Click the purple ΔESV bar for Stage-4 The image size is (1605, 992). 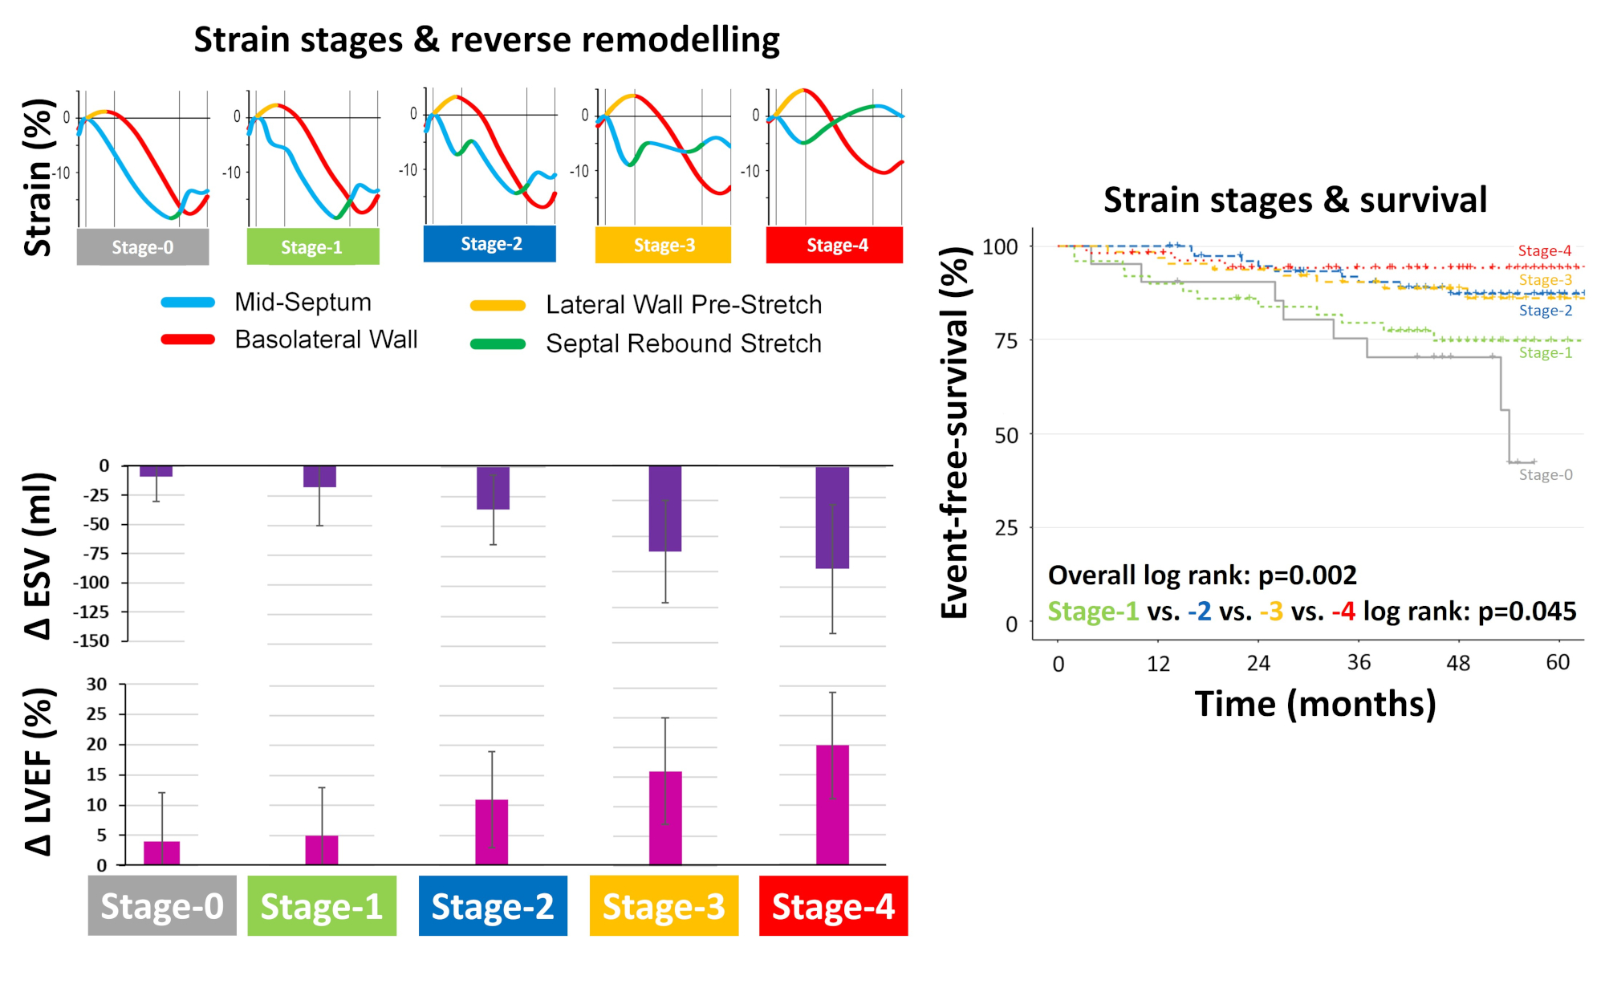(x=832, y=518)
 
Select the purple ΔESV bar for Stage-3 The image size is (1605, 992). (x=665, y=509)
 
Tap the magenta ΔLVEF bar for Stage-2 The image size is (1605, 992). (x=492, y=832)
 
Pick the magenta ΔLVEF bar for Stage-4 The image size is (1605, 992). (x=832, y=805)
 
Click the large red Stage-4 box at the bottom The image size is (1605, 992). (x=834, y=906)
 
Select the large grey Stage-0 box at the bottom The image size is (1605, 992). (x=162, y=906)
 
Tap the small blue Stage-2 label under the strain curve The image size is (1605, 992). (x=490, y=244)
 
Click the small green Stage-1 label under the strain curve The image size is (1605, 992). (x=313, y=247)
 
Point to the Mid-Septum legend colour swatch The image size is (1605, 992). (x=188, y=303)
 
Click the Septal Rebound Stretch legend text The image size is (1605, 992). (x=684, y=344)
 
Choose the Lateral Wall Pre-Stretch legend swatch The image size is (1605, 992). (x=498, y=306)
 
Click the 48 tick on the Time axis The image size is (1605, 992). (x=1458, y=663)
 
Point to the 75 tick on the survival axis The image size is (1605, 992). (x=1006, y=341)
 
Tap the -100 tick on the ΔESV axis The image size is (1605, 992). (x=91, y=583)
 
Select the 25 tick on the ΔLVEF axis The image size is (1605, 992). (x=96, y=714)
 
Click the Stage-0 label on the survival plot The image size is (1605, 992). (x=1546, y=474)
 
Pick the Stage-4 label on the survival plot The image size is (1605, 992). (x=1545, y=250)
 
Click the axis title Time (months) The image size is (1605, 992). (x=1315, y=704)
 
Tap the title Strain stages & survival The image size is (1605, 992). (x=1295, y=200)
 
